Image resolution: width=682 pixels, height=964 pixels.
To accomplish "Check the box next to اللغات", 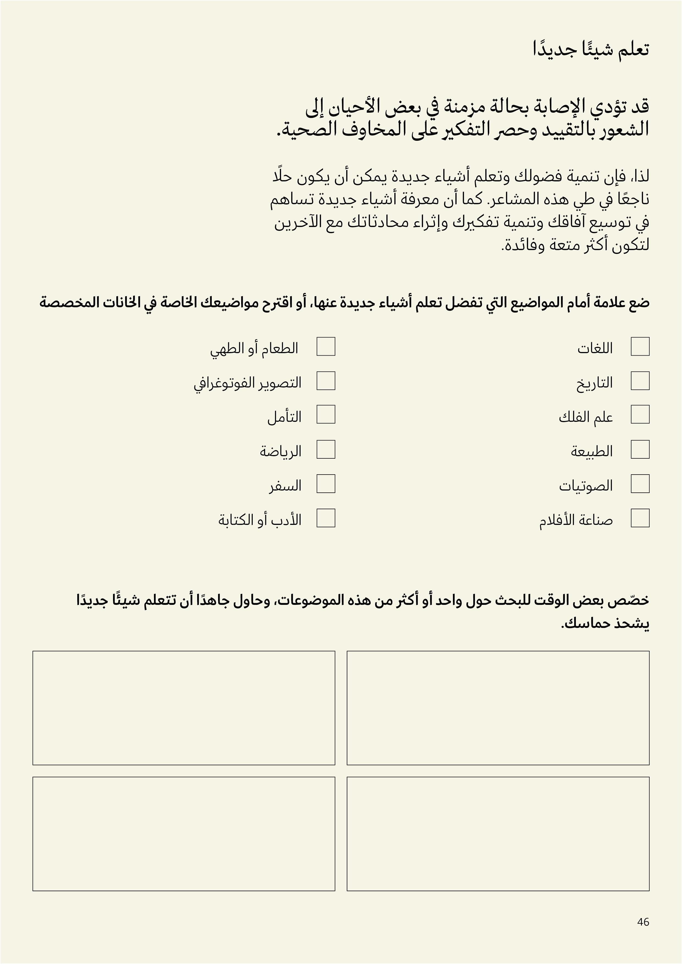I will click(640, 346).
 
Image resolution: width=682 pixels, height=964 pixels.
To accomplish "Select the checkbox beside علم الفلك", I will click(640, 414).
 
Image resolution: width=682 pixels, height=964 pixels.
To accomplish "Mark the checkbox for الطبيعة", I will click(640, 449).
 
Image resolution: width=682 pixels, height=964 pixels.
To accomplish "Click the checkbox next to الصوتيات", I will click(640, 484).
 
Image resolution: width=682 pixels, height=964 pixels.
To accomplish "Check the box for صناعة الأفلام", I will click(640, 518).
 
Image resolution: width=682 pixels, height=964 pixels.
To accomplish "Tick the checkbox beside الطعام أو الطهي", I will click(326, 346).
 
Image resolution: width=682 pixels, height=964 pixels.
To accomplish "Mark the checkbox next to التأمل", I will click(326, 414).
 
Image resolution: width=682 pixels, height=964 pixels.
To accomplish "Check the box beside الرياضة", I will click(326, 449).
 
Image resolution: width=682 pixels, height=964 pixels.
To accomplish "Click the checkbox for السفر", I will click(326, 484).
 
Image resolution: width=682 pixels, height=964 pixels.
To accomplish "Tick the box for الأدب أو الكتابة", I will click(326, 518).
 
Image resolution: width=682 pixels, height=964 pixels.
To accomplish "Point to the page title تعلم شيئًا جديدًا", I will click(591, 49).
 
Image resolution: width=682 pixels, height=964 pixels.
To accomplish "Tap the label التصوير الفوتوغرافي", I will click(248, 383).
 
